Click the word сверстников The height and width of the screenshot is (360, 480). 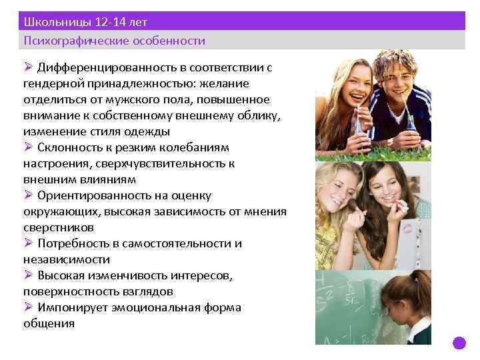coord(55,227)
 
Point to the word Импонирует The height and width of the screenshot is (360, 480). coord(72,307)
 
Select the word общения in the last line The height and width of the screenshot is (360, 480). coord(48,323)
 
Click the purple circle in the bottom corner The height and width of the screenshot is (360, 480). coord(459,343)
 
